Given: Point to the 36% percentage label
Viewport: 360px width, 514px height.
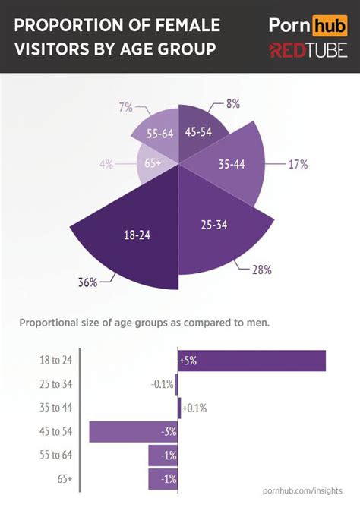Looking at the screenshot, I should point(87,282).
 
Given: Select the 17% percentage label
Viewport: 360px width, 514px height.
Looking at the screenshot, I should point(297,163).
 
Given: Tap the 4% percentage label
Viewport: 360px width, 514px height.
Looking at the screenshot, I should point(106,162).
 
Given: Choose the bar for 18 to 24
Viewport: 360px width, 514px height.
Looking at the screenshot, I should point(251,361).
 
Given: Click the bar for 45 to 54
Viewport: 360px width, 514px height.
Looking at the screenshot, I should point(133,431).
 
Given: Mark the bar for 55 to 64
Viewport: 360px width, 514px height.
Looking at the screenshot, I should point(163,456).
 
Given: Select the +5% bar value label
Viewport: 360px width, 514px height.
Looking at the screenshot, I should point(188,361).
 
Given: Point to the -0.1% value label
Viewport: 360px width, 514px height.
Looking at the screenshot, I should point(163,384).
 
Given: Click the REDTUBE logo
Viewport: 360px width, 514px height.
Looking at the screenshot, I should point(308,51).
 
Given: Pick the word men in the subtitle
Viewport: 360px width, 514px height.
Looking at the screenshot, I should point(257,322).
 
